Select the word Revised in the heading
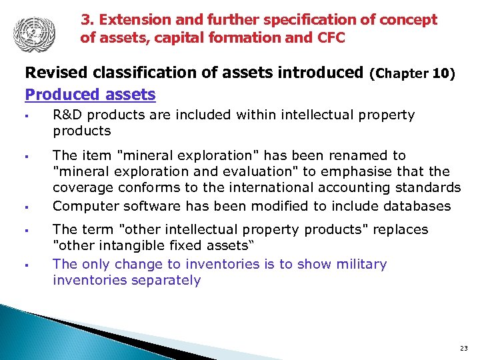53,72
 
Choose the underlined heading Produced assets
90,95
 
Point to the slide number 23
464,349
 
